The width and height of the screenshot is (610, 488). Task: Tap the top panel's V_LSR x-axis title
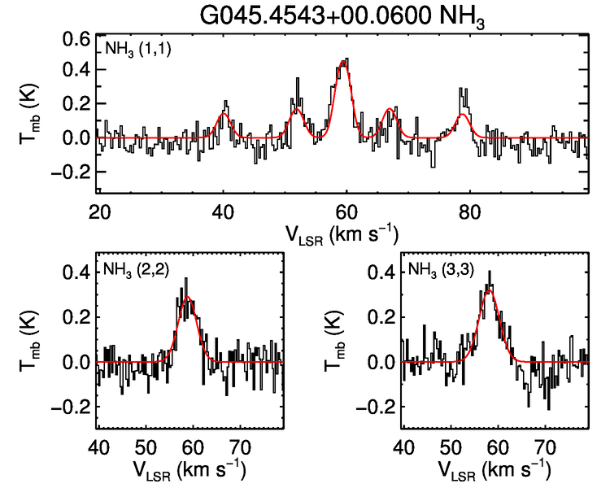(342, 234)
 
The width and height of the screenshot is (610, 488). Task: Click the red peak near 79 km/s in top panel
(463, 114)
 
